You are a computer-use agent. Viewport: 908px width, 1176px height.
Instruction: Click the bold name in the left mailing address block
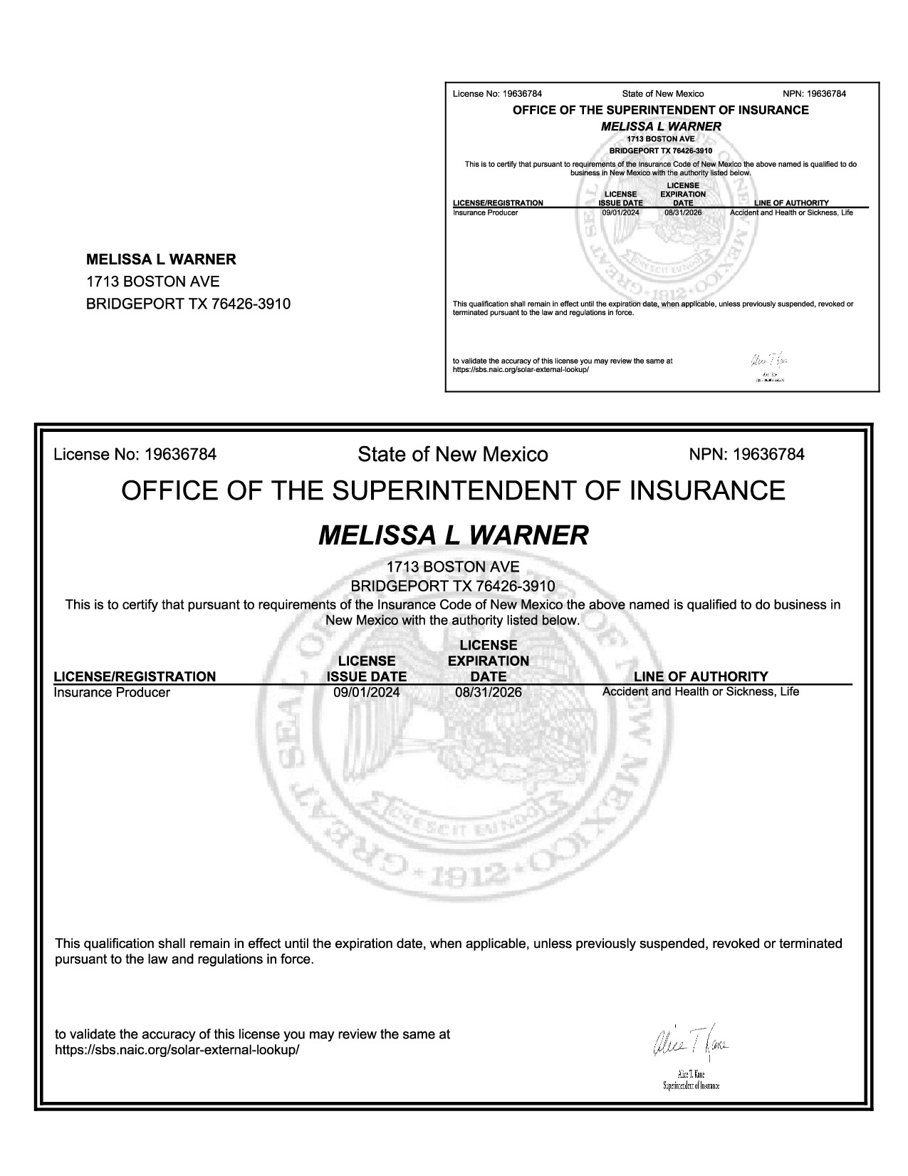pos(161,259)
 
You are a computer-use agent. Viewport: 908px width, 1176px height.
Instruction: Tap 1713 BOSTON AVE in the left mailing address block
pos(152,282)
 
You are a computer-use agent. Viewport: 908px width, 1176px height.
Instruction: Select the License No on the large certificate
pos(135,455)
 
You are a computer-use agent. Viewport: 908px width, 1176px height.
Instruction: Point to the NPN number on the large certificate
pos(747,455)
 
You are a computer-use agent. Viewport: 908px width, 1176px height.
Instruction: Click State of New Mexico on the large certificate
pos(453,455)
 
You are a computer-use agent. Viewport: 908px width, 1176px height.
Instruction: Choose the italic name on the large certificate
pos(454,535)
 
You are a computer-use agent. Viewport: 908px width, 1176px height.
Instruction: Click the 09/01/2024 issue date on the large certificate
pos(367,692)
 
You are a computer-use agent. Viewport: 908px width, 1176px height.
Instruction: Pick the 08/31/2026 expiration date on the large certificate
pos(489,692)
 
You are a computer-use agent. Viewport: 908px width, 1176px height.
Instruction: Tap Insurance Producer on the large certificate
pos(112,693)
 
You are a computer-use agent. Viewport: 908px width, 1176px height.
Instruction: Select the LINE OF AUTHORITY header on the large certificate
pos(701,676)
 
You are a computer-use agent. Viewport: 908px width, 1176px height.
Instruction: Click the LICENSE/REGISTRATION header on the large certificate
pos(135,676)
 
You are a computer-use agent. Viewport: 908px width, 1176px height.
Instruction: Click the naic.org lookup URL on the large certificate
pos(177,1050)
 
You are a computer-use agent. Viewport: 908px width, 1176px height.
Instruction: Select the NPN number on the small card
pos(814,94)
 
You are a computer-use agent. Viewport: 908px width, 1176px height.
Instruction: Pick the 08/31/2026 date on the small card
pos(683,212)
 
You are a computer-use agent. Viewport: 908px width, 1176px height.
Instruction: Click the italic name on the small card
pos(661,126)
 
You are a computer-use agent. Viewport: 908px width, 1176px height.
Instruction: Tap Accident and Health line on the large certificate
pos(701,691)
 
